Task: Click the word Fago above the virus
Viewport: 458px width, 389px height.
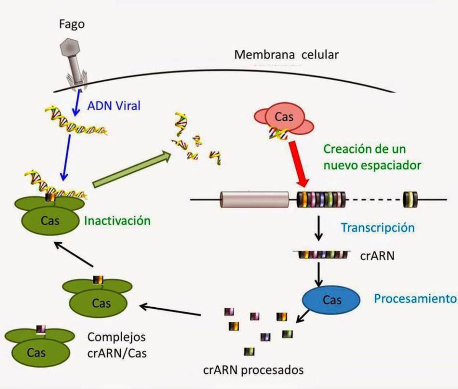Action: [x=72, y=24]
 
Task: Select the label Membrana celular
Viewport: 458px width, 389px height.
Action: [x=286, y=55]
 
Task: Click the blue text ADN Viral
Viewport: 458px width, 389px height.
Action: [x=114, y=105]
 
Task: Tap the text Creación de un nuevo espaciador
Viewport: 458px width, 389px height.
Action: [x=372, y=157]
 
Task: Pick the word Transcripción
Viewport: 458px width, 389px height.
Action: [x=377, y=228]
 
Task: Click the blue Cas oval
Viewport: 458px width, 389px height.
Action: [x=331, y=300]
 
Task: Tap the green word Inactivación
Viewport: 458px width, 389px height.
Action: [x=117, y=221]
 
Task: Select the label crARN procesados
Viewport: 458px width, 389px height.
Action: [x=253, y=370]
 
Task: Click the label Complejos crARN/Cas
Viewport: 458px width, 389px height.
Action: [x=117, y=345]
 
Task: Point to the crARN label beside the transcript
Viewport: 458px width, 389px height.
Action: [x=377, y=255]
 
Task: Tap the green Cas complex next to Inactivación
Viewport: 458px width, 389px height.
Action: [x=50, y=216]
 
